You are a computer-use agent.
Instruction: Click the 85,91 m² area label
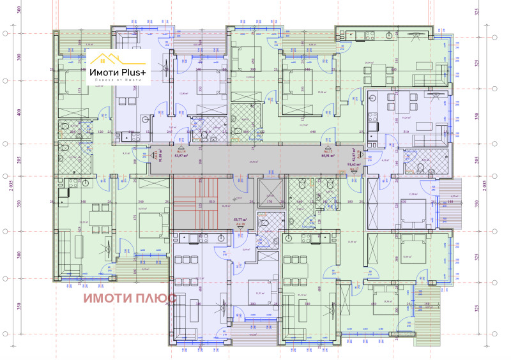[x=329, y=155]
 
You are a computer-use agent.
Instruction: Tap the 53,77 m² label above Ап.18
[x=240, y=220]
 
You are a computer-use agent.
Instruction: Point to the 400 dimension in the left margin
[x=19, y=112]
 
